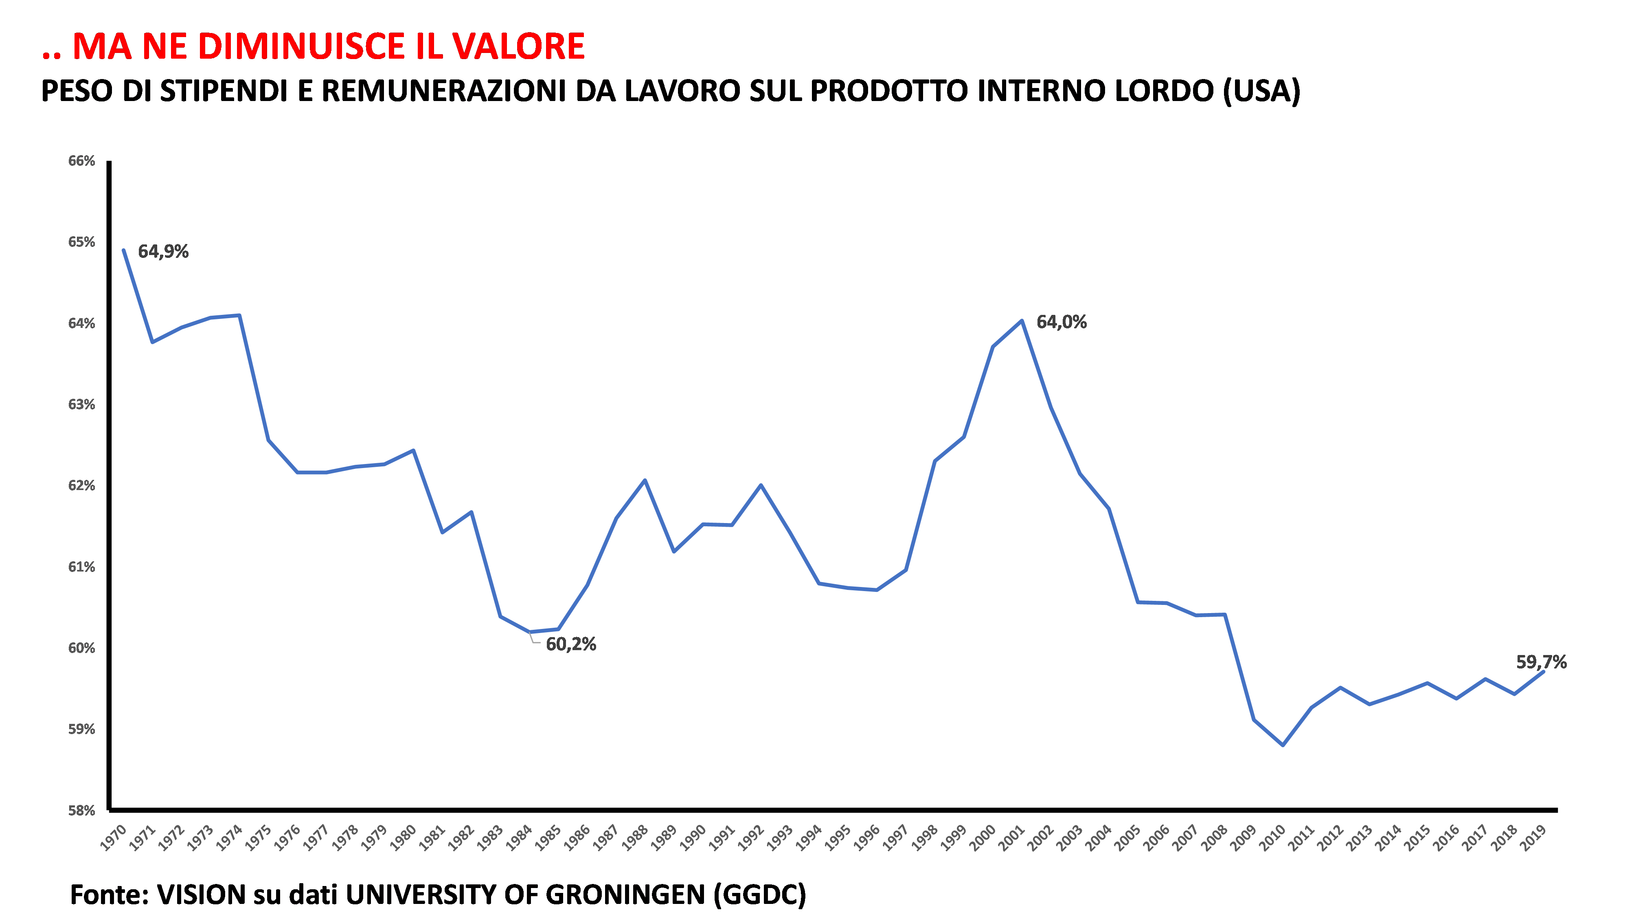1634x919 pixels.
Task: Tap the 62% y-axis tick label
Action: [x=82, y=486]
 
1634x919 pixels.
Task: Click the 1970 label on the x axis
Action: [x=114, y=838]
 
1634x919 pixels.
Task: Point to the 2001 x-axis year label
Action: [x=1012, y=838]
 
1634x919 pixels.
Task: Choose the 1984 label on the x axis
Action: [x=520, y=838]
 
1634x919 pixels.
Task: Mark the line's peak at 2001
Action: [x=1022, y=321]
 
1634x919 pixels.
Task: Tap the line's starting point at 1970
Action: [x=124, y=250]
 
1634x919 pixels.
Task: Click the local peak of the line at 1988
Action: [x=645, y=480]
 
